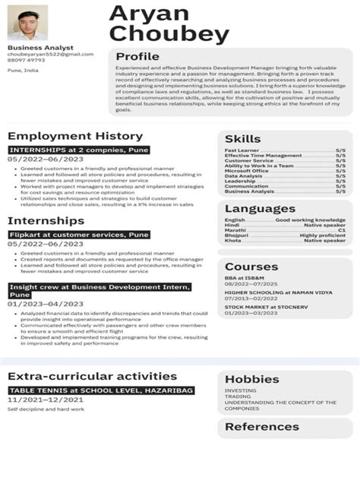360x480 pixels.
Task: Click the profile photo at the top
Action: tap(27, 23)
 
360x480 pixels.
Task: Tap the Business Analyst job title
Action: tap(30, 48)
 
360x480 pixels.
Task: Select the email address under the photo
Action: tap(50, 55)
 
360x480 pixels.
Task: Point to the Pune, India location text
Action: tap(23, 70)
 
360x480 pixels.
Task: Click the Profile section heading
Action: tap(137, 57)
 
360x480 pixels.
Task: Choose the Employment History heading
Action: tap(75, 136)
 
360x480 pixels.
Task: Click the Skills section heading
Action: tap(242, 139)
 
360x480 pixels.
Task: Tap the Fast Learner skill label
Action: tap(242, 150)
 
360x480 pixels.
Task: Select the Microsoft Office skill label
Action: tap(247, 171)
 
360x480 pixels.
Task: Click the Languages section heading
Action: tap(260, 208)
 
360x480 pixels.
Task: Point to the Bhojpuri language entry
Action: tap(237, 235)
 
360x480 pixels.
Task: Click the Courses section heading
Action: tap(251, 267)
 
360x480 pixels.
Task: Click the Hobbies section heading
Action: tap(252, 379)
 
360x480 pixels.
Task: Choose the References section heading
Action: tap(261, 427)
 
